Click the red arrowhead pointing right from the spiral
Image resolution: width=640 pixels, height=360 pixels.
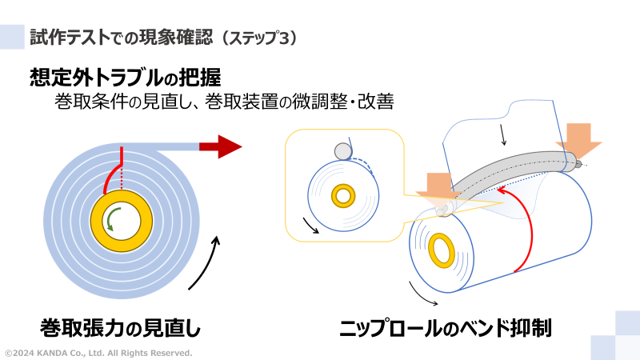tap(228, 146)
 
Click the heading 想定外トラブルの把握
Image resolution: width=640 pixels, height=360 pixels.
tap(125, 78)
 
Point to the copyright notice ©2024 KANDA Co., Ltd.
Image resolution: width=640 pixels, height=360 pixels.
tap(98, 353)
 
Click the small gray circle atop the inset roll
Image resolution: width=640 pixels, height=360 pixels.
tap(343, 151)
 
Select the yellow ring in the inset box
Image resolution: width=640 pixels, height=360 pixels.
tap(344, 194)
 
